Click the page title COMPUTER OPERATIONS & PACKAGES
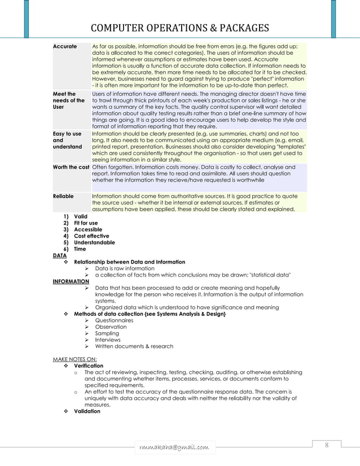tap(180, 29)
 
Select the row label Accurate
tap(65, 46)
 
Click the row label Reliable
tap(63, 196)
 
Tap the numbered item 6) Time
tap(77, 249)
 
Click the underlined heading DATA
tap(59, 255)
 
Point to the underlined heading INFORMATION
tap(71, 281)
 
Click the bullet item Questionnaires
tap(114, 320)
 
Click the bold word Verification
tap(89, 366)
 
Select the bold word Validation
tap(87, 411)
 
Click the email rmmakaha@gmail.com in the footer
tap(173, 447)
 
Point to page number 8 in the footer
tap(326, 446)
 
